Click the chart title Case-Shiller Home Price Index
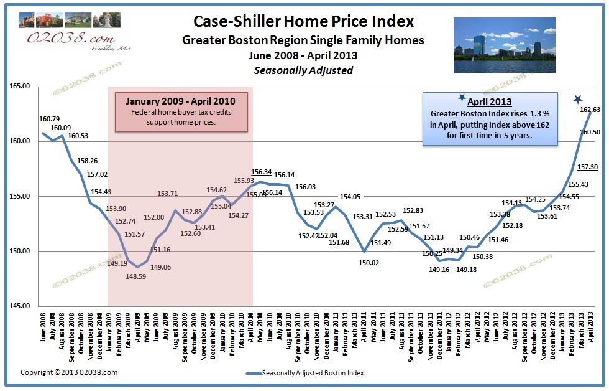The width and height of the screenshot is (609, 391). [x=304, y=22]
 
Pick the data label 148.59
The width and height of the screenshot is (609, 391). [x=135, y=276]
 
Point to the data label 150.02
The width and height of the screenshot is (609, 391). [x=368, y=263]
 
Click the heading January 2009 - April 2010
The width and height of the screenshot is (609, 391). [x=181, y=101]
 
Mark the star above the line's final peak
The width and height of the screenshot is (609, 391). [x=579, y=100]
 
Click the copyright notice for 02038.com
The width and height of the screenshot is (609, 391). [x=69, y=372]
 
